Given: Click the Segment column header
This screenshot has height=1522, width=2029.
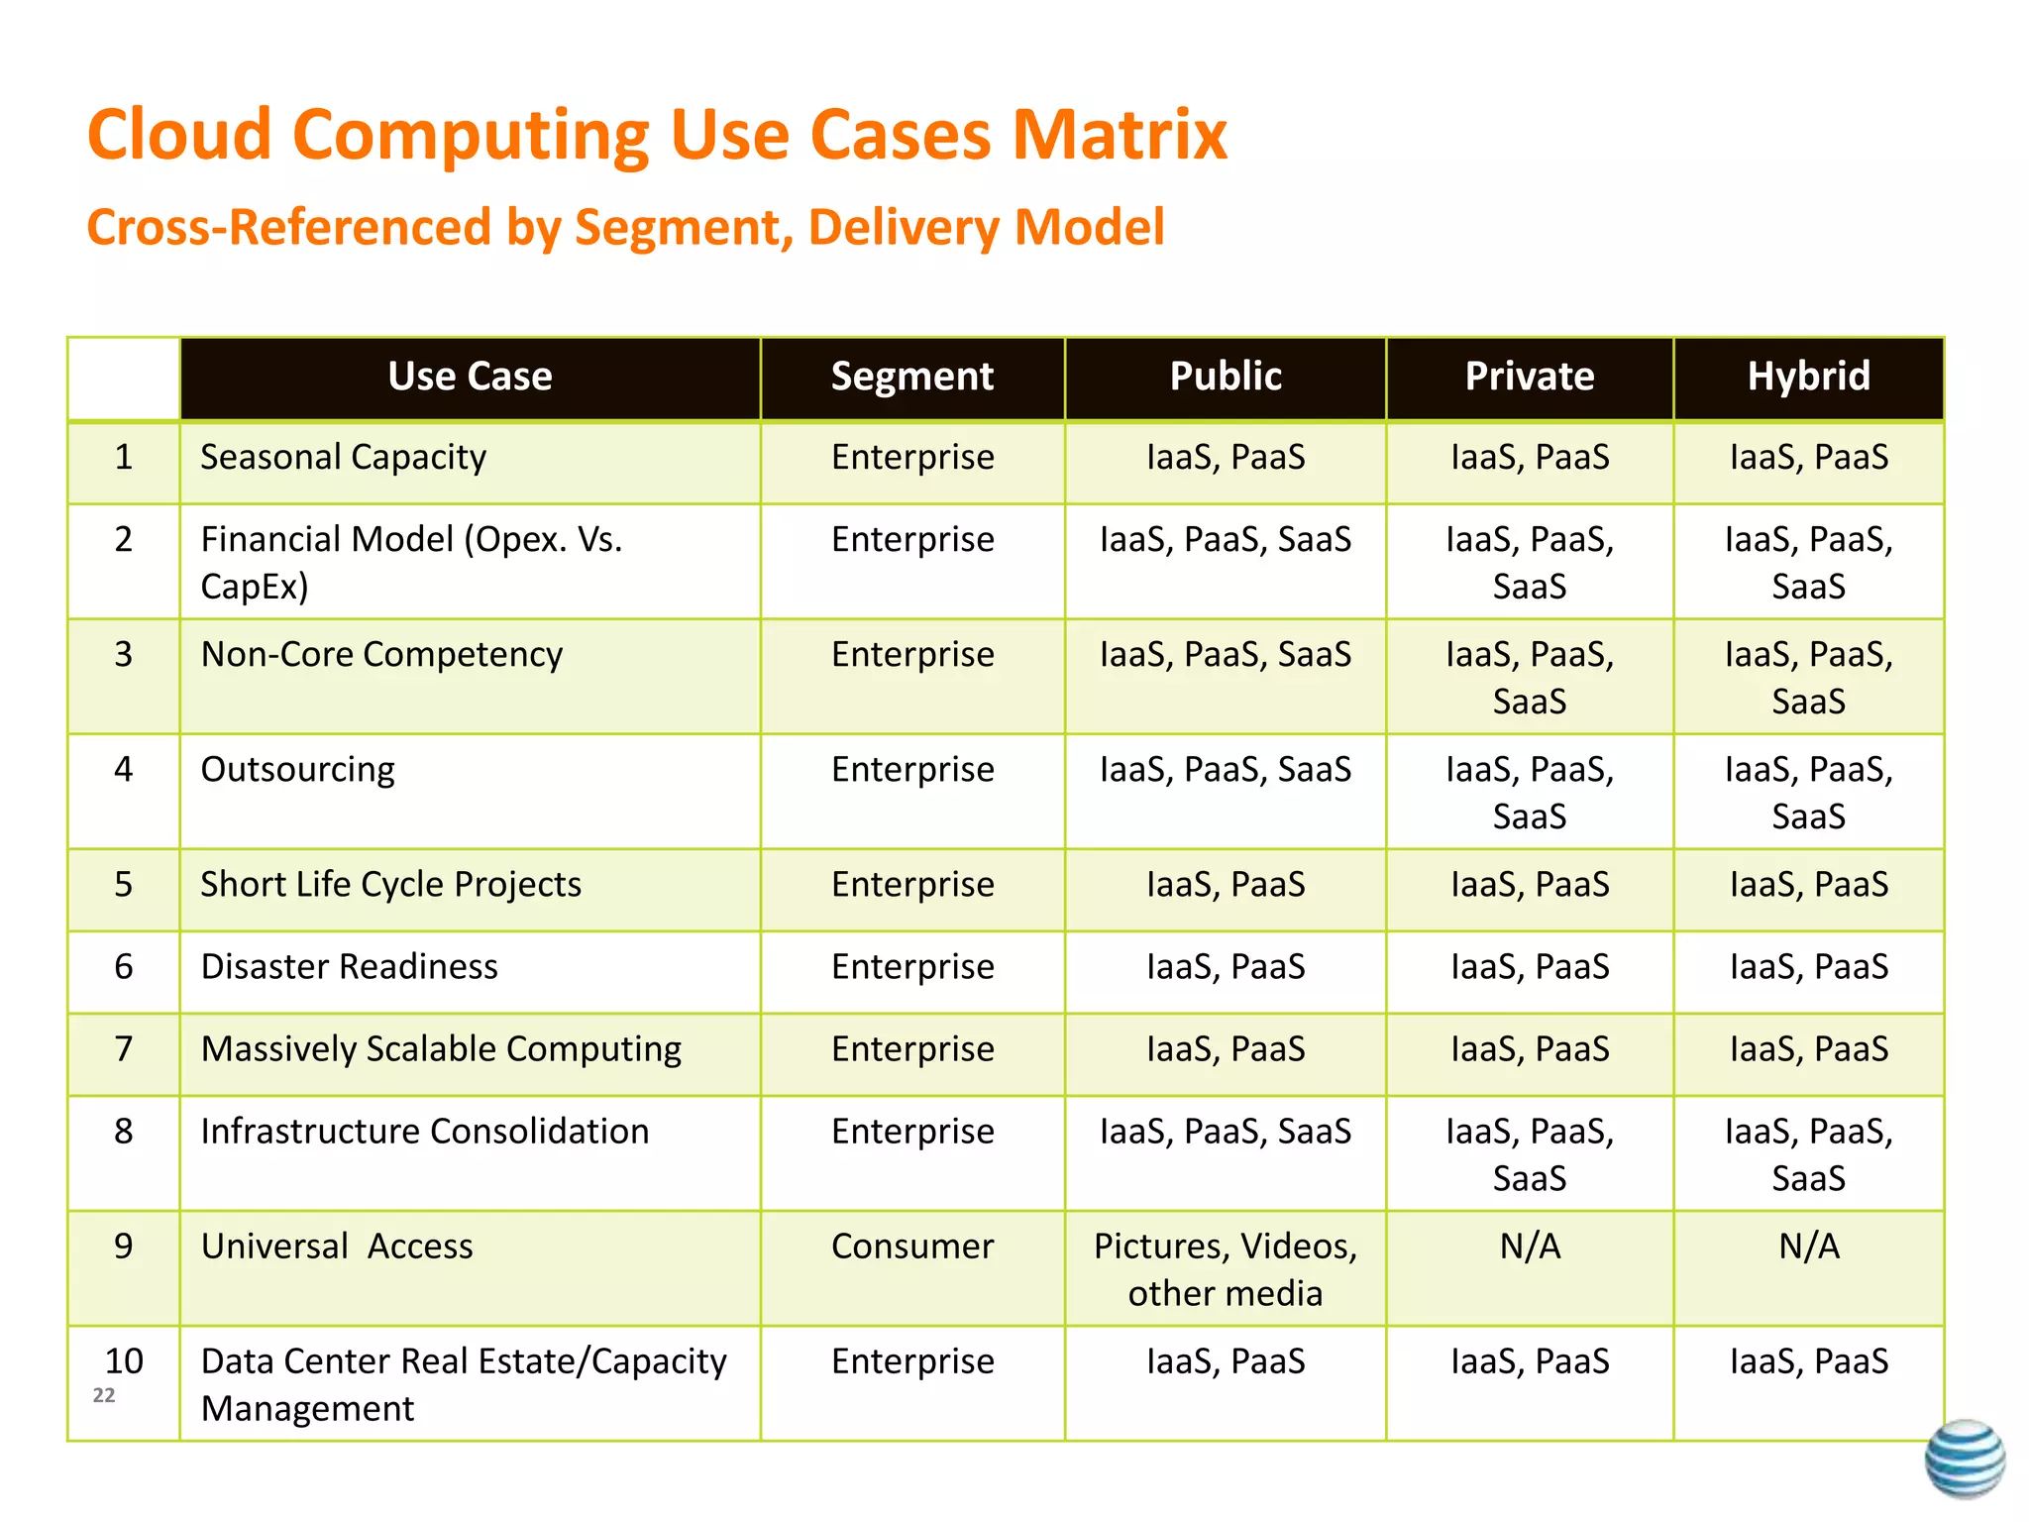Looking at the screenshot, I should pos(911,378).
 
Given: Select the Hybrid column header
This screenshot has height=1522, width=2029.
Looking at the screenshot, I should pos(1808,378).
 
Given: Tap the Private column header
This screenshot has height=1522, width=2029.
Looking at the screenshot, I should pos(1529,378).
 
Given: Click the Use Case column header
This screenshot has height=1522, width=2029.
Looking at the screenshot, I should pos(470,378).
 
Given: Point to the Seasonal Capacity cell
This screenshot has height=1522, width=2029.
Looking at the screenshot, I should pos(343,458).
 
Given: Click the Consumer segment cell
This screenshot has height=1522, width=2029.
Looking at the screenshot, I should pos(911,1247).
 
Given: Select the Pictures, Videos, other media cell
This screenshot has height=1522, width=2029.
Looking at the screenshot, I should pos(1225,1269).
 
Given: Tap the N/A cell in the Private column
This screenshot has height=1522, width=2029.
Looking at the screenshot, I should pos(1529,1247).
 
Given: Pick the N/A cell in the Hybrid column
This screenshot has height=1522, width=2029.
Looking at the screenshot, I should pos(1808,1247).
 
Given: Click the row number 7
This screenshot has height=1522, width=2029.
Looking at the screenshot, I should pos(123,1049).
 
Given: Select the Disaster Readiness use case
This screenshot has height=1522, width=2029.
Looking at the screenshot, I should pos(349,967).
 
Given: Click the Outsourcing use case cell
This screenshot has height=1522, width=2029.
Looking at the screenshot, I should pos(297,770).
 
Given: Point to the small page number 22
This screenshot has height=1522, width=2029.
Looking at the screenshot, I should pos(104,1395).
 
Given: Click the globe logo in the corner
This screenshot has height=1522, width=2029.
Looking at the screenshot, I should pos(1965,1459).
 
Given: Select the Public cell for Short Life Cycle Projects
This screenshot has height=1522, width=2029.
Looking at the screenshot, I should pos(1225,885).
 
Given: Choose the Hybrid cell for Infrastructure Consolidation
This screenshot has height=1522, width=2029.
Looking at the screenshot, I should pos(1808,1154).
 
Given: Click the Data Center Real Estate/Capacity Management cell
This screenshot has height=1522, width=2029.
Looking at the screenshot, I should pos(463,1384).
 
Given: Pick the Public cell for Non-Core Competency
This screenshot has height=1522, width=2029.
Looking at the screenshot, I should pos(1225,655).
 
